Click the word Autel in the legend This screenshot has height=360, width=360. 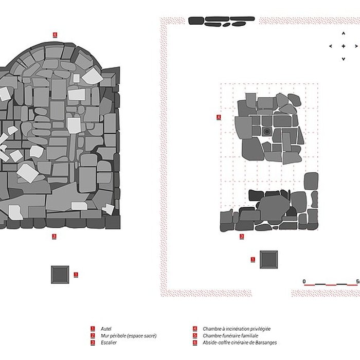(x=106, y=329)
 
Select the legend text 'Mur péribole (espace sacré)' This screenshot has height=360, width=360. (x=129, y=336)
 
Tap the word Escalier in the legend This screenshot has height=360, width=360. (x=109, y=343)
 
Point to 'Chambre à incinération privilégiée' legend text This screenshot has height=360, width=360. (x=237, y=329)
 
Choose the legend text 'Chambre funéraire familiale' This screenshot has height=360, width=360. (x=230, y=336)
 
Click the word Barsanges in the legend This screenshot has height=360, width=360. (x=266, y=343)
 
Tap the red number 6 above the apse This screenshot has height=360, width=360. (x=55, y=35)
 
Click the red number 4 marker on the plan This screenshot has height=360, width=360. (x=219, y=117)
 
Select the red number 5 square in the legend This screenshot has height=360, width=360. (x=195, y=336)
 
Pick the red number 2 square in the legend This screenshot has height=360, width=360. (x=93, y=336)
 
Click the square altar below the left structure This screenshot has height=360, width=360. (x=60, y=275)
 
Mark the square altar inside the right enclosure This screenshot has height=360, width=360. (x=268, y=259)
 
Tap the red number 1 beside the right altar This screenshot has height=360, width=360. (x=253, y=259)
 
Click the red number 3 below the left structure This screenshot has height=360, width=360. (x=54, y=236)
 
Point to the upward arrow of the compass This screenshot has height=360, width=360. (x=344, y=33)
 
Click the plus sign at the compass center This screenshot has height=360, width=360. (x=344, y=46)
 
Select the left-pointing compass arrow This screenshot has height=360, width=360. (x=331, y=46)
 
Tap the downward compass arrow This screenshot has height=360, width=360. (x=344, y=59)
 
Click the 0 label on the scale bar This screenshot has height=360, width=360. (x=304, y=281)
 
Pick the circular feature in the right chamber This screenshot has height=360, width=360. (x=267, y=131)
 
